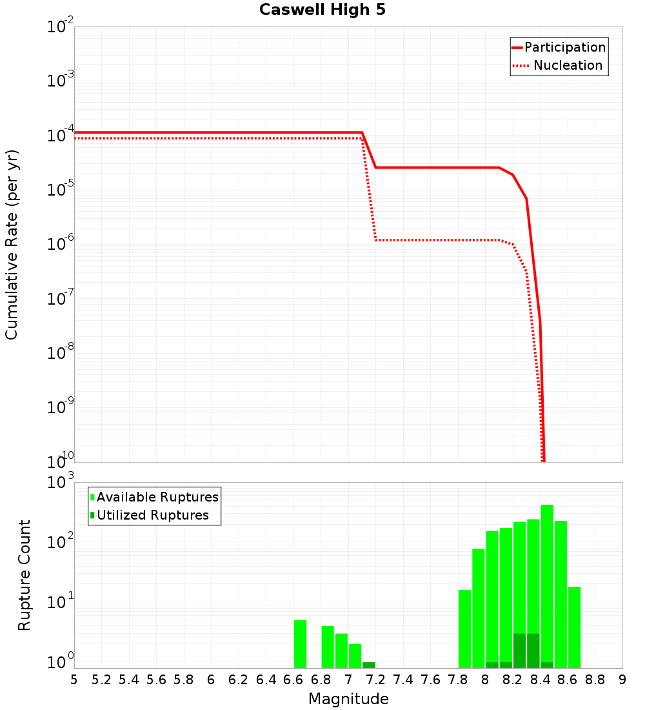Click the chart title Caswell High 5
[322, 10]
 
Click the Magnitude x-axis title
[348, 699]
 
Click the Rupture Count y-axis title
[25, 574]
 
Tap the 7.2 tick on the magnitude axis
[375, 680]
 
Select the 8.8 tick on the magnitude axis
[595, 680]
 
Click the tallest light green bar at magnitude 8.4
[547, 581]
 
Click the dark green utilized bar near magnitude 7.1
[368, 665]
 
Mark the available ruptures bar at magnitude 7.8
[464, 629]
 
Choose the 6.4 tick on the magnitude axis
[266, 680]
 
